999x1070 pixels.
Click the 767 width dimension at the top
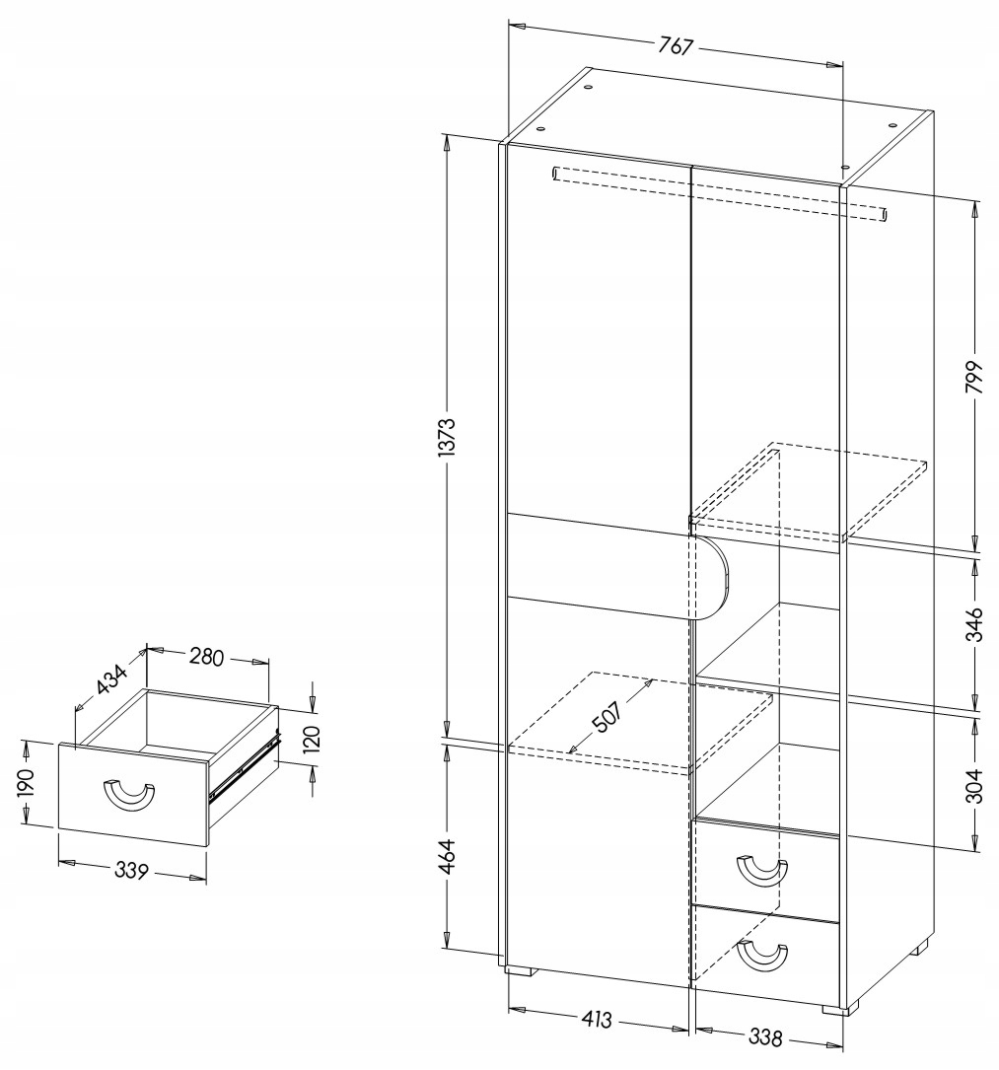click(x=677, y=45)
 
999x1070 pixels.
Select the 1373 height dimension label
click(x=446, y=431)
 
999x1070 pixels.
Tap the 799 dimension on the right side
click(x=974, y=374)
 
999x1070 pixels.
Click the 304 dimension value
click(x=974, y=786)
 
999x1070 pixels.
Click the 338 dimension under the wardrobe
click(x=765, y=1037)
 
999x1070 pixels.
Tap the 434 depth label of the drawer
click(x=111, y=678)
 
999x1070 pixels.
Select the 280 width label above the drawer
click(x=208, y=655)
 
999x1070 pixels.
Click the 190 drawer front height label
click(x=27, y=783)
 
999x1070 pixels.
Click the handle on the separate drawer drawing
click(x=129, y=796)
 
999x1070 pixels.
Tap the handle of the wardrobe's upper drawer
click(x=762, y=871)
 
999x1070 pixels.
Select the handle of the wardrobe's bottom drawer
click(x=762, y=954)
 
